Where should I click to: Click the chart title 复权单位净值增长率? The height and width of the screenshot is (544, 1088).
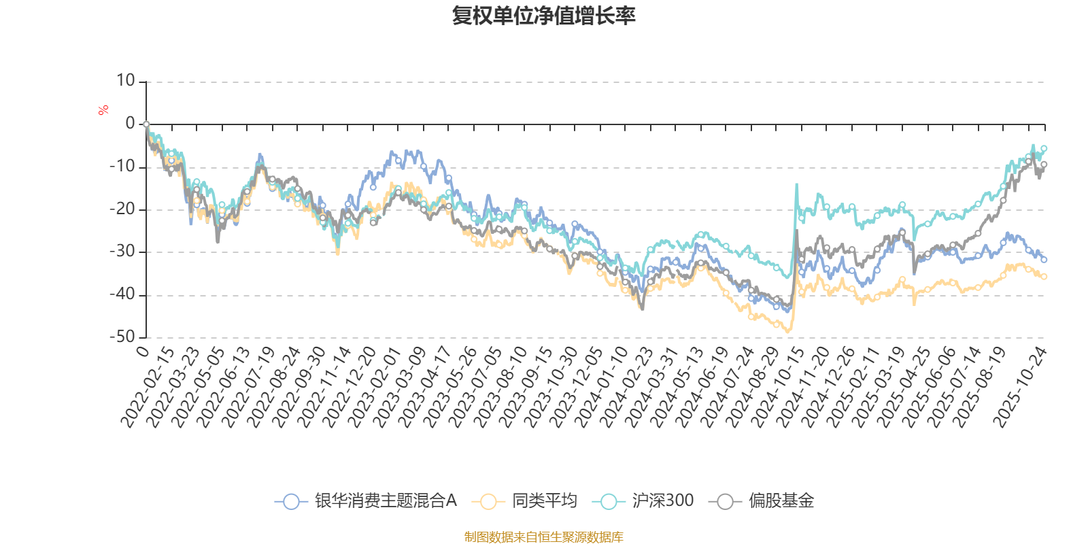(543, 16)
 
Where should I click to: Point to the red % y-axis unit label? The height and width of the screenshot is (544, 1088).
(103, 109)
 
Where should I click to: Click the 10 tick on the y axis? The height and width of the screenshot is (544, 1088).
(125, 81)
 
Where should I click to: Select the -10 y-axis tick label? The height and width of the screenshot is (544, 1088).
(122, 167)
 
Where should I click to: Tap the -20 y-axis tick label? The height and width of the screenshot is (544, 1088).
(122, 209)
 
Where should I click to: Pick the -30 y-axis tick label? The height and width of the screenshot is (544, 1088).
(122, 252)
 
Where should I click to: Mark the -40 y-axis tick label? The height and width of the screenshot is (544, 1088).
(122, 294)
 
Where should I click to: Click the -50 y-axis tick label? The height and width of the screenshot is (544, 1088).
(122, 337)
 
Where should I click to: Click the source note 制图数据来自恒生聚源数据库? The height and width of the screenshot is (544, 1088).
(543, 537)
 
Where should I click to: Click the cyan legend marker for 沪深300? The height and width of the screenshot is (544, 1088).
(608, 502)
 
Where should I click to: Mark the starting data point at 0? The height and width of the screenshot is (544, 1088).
(146, 124)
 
